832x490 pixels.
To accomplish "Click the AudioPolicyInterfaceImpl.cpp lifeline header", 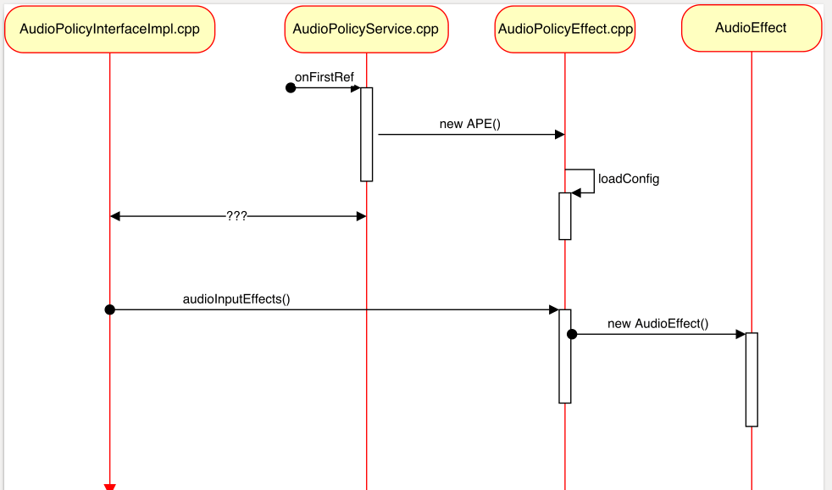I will tap(109, 30).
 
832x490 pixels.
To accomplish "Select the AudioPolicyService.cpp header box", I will tap(366, 30).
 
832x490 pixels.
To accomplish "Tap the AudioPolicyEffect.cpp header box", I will tap(565, 30).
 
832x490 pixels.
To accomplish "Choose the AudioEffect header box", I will tap(751, 28).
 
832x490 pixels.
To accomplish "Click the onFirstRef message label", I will tap(324, 77).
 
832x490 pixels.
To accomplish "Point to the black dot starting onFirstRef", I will tap(291, 88).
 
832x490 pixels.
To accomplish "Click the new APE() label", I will tap(470, 124).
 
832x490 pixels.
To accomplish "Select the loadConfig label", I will tap(628, 179).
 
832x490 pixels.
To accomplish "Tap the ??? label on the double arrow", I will tap(236, 216).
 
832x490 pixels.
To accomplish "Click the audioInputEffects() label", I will tap(236, 299).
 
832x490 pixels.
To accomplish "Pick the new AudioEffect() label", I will tap(657, 324).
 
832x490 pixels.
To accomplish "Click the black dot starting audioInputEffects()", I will tap(109, 309).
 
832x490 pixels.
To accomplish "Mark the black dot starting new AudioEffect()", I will tap(572, 334).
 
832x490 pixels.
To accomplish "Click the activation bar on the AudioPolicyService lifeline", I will tap(367, 134).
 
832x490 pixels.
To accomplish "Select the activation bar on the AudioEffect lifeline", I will tap(752, 379).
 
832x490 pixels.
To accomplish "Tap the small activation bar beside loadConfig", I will tap(565, 216).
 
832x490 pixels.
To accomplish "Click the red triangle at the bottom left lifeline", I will tap(109, 487).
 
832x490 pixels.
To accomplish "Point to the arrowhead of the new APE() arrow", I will tap(559, 135).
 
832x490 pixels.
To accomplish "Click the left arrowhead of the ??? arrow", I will tap(116, 216).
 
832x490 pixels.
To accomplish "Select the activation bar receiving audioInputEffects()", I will tap(565, 356).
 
